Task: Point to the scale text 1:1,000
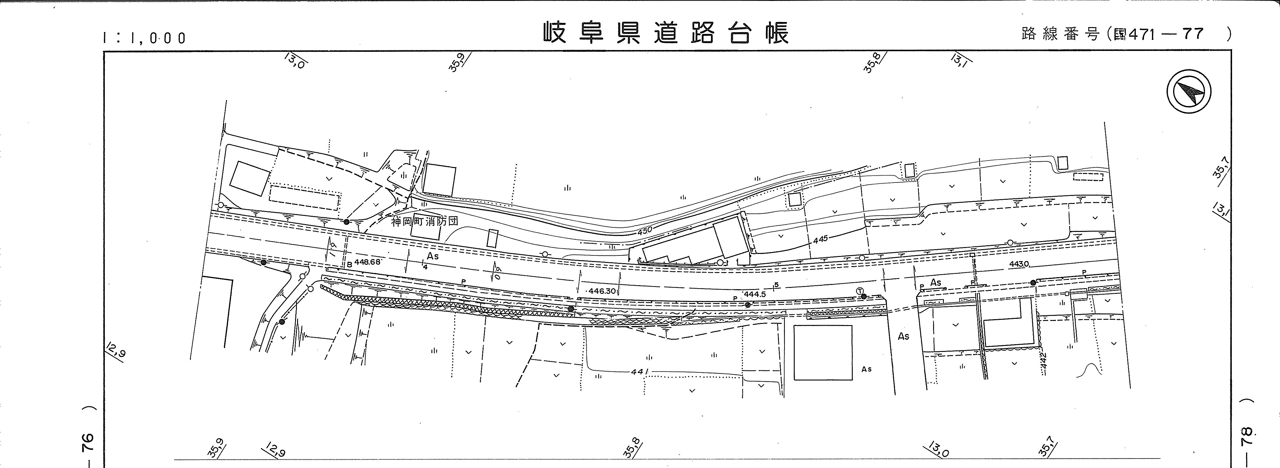pyautogui.click(x=144, y=38)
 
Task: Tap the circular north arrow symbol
pyautogui.click(x=1189, y=91)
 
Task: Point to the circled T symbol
pyautogui.click(x=860, y=291)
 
